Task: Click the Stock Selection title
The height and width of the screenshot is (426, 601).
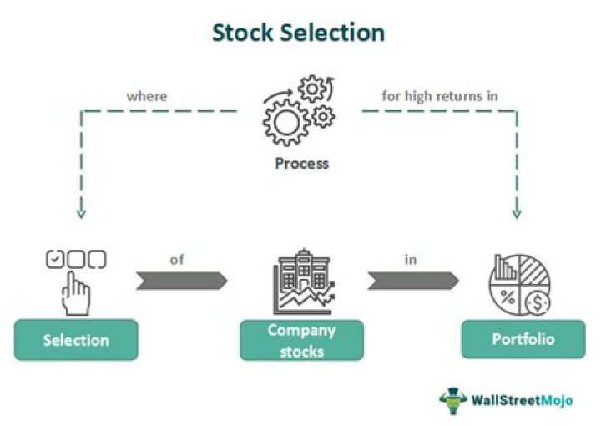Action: [x=298, y=33]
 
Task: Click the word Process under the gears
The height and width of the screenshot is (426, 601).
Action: [x=301, y=163]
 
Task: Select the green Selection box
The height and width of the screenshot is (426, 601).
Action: [x=76, y=340]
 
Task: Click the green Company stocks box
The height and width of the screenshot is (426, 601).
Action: [x=301, y=340]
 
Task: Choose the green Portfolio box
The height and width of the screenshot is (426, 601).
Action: [x=523, y=340]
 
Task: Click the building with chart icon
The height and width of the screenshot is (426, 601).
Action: [x=301, y=284]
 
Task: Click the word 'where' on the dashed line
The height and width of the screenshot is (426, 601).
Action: [x=146, y=96]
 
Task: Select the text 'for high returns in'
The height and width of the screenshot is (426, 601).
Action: [x=440, y=96]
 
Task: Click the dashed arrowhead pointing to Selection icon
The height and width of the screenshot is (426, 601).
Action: [x=81, y=214]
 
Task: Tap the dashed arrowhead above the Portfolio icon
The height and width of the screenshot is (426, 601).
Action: [x=516, y=214]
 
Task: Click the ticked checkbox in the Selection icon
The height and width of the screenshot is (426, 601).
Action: [x=53, y=260]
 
